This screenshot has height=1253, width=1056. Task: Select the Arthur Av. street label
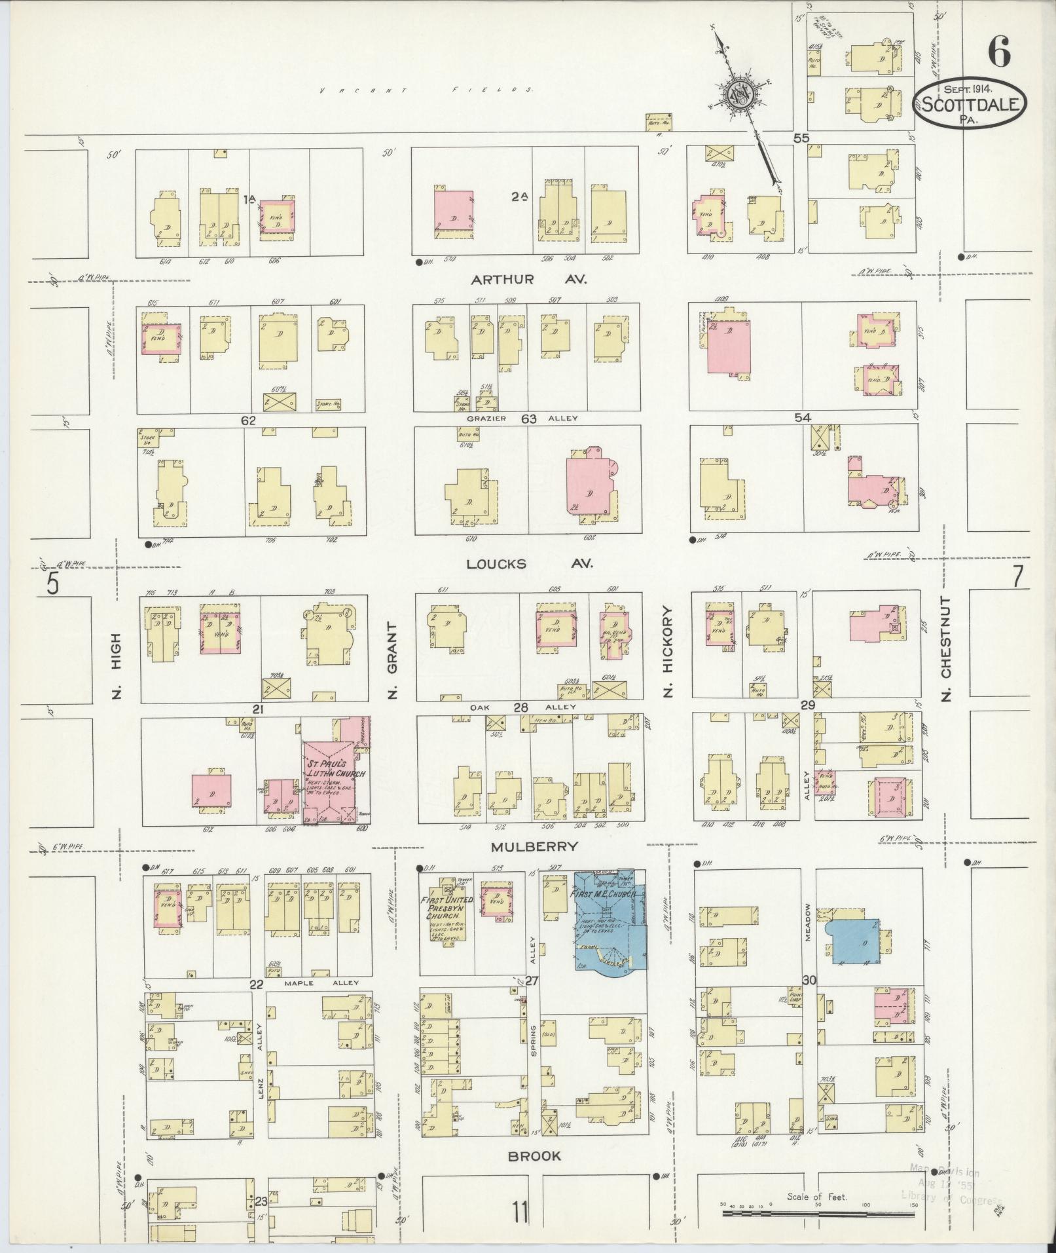pos(529,280)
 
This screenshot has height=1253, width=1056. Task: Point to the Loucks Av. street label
pos(529,563)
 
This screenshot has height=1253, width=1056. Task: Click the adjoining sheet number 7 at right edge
pos(1017,577)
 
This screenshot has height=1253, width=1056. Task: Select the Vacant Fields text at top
pos(426,90)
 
